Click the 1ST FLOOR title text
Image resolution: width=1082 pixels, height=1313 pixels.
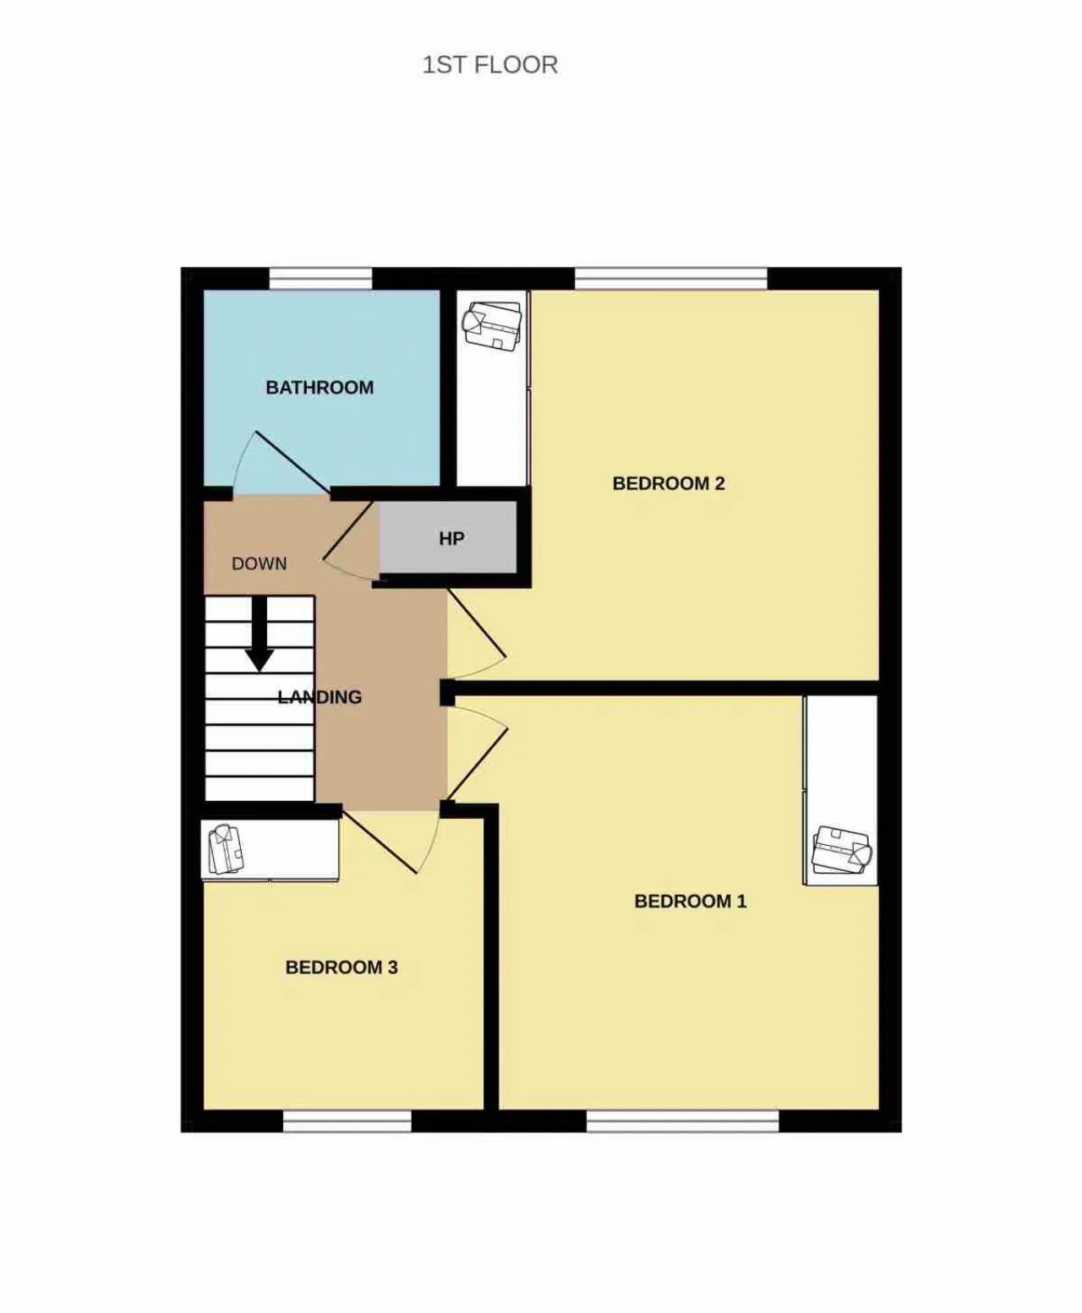pos(489,65)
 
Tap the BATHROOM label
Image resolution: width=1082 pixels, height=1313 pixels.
pos(320,387)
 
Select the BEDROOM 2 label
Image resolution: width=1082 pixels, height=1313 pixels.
pos(669,483)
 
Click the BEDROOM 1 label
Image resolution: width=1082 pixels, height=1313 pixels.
pos(690,902)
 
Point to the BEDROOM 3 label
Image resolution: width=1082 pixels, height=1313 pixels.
pos(342,967)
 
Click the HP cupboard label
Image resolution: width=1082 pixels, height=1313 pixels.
pos(451,538)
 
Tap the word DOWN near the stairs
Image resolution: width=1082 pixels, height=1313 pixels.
pos(260,564)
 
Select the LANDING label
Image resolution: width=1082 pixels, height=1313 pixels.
pos(320,697)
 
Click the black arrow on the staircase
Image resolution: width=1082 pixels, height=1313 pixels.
pos(260,633)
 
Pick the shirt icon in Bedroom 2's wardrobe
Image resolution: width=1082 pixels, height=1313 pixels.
pos(491,325)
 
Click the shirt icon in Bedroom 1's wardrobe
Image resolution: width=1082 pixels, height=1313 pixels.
pos(842,850)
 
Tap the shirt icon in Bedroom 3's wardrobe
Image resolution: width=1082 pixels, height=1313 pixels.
pos(226,849)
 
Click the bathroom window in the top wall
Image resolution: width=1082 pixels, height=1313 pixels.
pos(321,279)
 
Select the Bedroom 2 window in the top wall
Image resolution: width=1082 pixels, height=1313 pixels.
pos(671,279)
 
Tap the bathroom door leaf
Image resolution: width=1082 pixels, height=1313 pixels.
pos(292,462)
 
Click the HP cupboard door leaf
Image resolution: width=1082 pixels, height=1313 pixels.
pos(348,530)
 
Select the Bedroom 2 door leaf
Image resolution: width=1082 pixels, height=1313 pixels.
pos(477,624)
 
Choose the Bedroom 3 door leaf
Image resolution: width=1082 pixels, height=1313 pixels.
pos(380,842)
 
